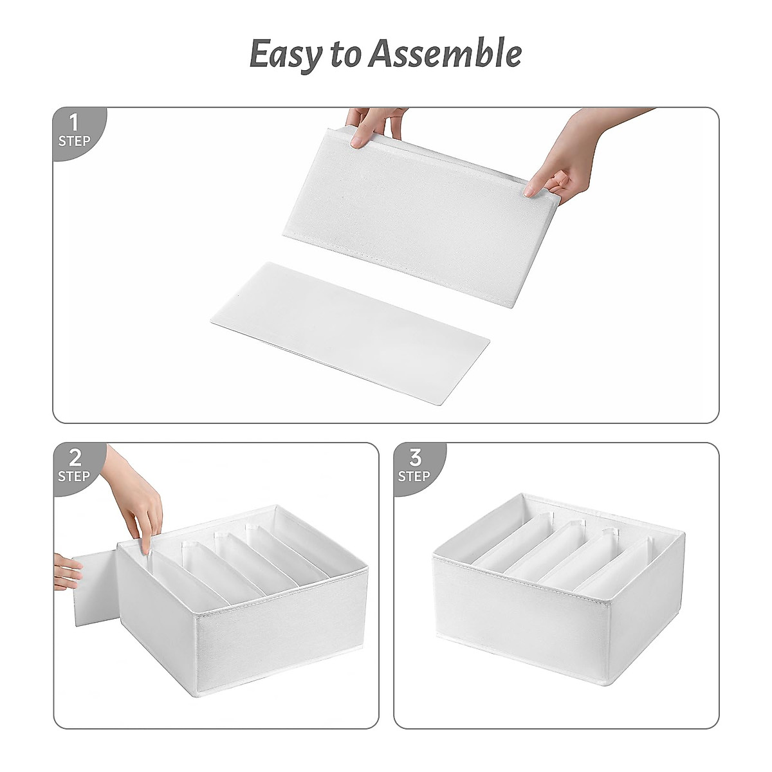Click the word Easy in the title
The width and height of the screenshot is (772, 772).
click(x=282, y=55)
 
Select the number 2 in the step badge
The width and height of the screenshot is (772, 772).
click(x=75, y=458)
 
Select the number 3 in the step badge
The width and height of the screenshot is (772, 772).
click(x=415, y=458)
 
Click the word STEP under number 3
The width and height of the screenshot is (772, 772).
click(x=414, y=477)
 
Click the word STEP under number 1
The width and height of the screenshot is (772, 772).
click(x=75, y=140)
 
